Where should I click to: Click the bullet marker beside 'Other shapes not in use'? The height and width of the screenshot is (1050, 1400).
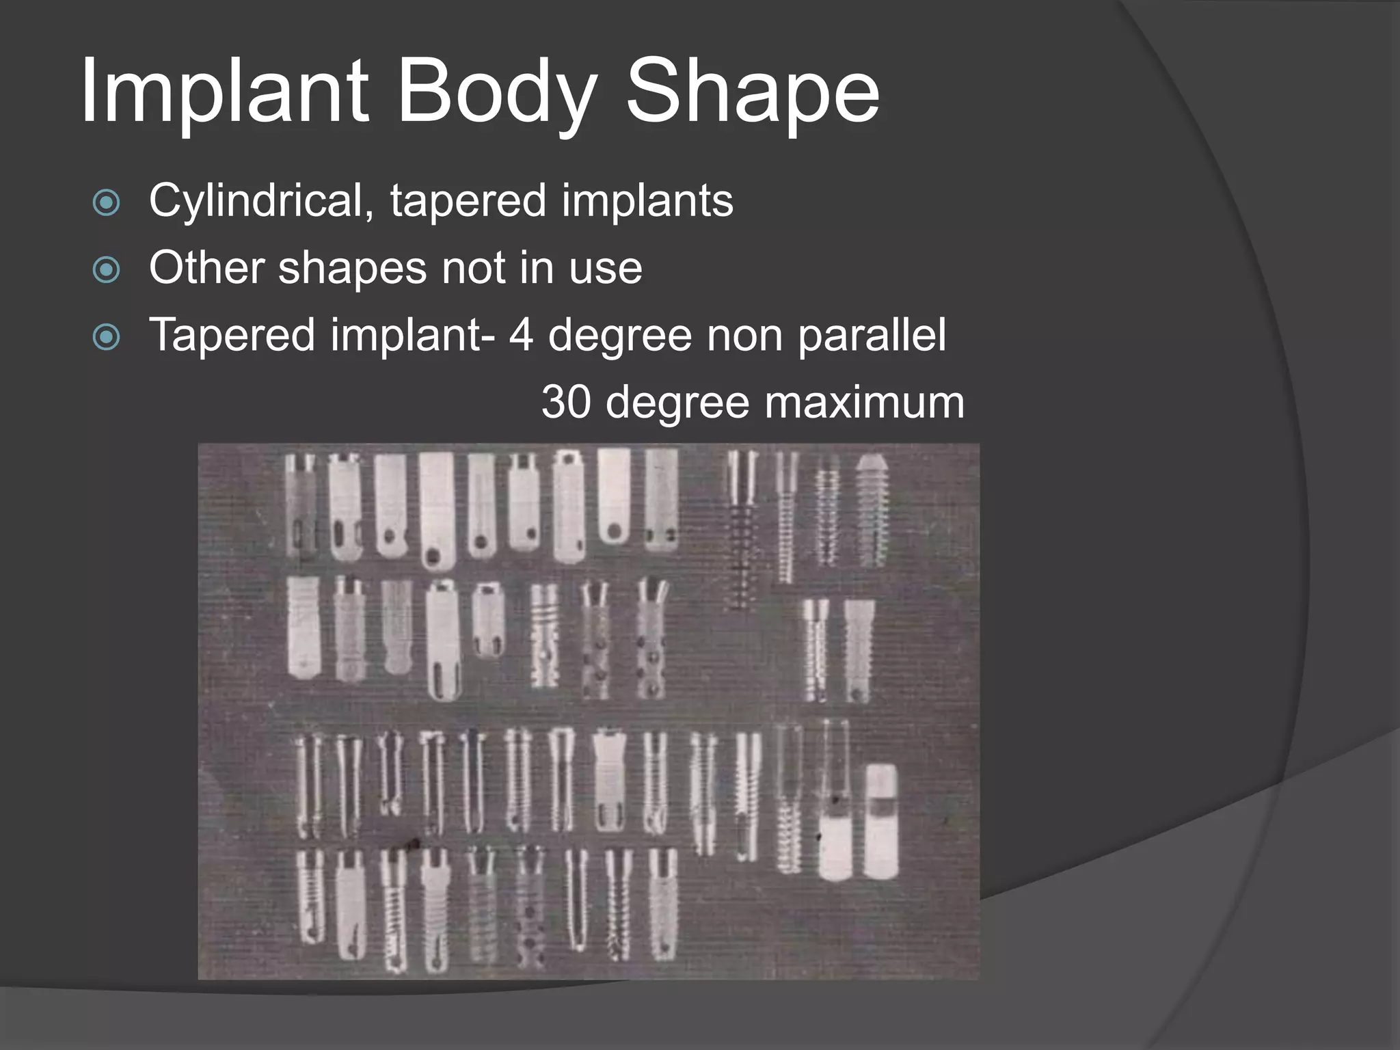pyautogui.click(x=106, y=269)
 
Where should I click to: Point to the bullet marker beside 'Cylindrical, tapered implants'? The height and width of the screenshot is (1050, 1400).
pyautogui.click(x=106, y=203)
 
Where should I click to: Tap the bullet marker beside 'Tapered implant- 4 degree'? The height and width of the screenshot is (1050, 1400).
pyautogui.click(x=106, y=336)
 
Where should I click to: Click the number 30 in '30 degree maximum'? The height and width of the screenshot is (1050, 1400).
pyautogui.click(x=565, y=402)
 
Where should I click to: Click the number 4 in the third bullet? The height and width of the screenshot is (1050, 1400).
pyautogui.click(x=521, y=335)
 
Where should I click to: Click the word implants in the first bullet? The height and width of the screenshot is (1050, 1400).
pyautogui.click(x=647, y=202)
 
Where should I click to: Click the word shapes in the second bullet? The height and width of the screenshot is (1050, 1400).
pyautogui.click(x=353, y=269)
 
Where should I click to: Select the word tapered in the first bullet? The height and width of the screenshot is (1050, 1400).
pyautogui.click(x=468, y=202)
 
